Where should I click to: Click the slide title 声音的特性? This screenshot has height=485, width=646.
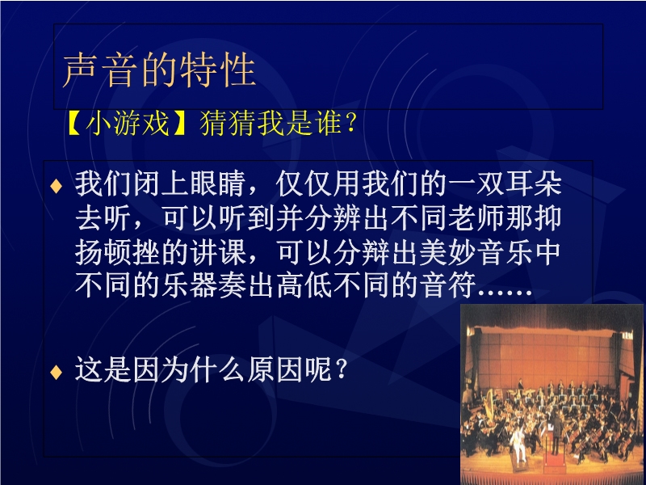pyautogui.click(x=159, y=70)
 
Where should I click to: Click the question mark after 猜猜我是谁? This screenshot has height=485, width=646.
pyautogui.click(x=351, y=124)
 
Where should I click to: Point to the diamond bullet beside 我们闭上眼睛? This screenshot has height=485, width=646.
pyautogui.click(x=56, y=186)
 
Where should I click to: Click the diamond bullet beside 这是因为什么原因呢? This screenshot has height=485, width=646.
pyautogui.click(x=56, y=373)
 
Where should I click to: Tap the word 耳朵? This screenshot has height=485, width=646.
pyautogui.click(x=533, y=183)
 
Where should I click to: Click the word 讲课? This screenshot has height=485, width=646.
pyautogui.click(x=218, y=252)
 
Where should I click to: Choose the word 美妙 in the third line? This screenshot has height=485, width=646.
pyautogui.click(x=447, y=252)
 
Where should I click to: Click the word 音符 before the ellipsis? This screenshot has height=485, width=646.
pyautogui.click(x=447, y=285)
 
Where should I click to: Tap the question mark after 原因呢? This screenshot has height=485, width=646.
pyautogui.click(x=341, y=369)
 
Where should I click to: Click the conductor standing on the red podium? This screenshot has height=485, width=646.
pyautogui.click(x=556, y=431)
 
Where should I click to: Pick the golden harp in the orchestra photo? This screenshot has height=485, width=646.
pyautogui.click(x=489, y=402)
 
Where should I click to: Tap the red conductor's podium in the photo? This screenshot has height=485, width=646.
pyautogui.click(x=556, y=461)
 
